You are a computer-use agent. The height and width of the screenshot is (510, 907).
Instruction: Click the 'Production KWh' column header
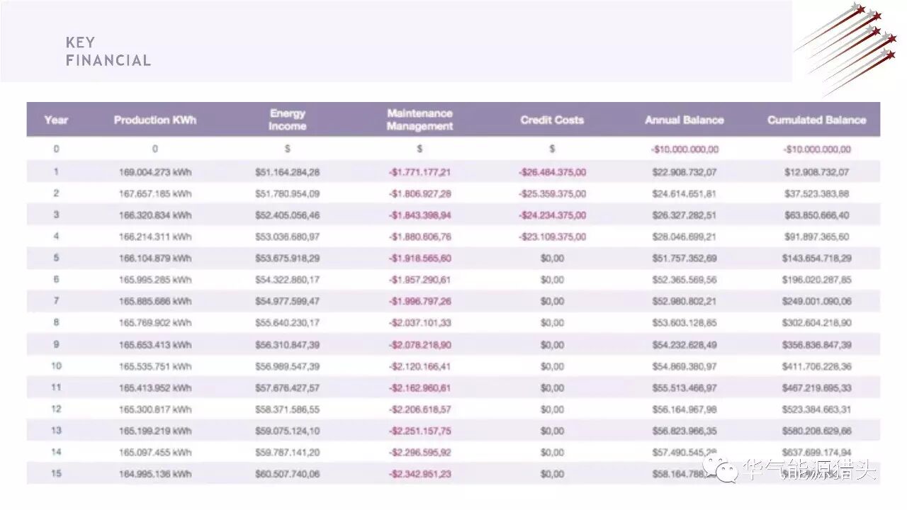(x=155, y=120)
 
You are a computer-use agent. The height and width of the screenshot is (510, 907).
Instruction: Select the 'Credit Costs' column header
(x=552, y=120)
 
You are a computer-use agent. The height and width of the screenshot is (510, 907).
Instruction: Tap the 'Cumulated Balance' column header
(x=816, y=120)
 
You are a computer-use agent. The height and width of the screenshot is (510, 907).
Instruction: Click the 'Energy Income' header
(x=288, y=120)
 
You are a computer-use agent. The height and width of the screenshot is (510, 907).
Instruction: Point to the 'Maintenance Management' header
(x=419, y=120)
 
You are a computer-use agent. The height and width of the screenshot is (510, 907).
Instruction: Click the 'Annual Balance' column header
(x=684, y=120)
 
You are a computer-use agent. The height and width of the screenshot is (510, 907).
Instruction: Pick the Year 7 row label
(x=57, y=301)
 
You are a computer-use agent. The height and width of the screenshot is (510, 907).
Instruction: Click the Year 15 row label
(x=57, y=474)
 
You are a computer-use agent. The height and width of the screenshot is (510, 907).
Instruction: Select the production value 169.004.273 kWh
(x=155, y=172)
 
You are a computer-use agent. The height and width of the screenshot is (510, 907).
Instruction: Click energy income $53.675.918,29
(x=288, y=259)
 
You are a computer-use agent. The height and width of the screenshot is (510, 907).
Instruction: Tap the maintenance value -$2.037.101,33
(x=419, y=323)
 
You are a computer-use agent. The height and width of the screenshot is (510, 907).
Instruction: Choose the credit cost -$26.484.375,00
(x=552, y=172)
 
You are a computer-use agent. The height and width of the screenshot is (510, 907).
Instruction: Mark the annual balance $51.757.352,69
(x=684, y=259)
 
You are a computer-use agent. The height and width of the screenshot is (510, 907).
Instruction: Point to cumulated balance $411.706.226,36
(x=816, y=366)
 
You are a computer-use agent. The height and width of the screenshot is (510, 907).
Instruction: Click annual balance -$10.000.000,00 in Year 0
(x=684, y=149)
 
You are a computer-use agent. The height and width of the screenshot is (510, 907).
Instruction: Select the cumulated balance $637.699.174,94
(x=816, y=453)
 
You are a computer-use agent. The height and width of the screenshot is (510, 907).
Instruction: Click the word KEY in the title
(x=80, y=42)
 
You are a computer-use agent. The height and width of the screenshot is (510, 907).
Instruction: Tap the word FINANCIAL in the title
(x=108, y=61)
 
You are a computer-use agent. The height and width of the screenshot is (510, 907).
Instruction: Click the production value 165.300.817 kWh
(x=155, y=409)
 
